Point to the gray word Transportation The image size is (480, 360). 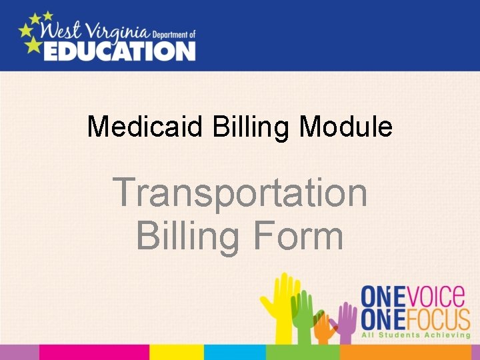click(x=240, y=193)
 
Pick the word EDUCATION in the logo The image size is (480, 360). click(x=119, y=50)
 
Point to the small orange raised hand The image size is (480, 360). click(x=325, y=327)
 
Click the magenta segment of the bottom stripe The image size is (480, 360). click(x=93, y=352)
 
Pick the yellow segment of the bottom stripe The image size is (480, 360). click(x=176, y=352)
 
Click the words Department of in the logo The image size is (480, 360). click(x=174, y=33)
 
